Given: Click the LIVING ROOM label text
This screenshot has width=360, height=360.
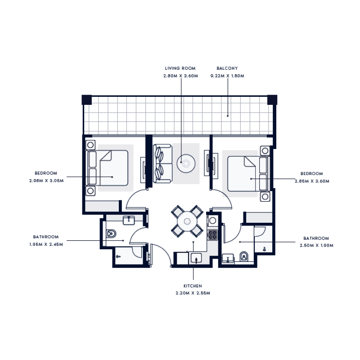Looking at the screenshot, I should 180,68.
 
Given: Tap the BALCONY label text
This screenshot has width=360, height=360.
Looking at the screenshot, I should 227,68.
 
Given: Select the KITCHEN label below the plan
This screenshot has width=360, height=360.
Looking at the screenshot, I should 193,286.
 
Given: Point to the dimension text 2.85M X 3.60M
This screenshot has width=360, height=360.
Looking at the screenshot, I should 312,181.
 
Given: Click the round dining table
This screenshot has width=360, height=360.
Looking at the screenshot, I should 186,221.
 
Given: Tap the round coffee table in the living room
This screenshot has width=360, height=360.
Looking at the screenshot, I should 186,163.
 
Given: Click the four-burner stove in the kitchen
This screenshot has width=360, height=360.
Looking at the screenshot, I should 212,234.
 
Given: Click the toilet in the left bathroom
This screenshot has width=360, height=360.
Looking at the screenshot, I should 111,234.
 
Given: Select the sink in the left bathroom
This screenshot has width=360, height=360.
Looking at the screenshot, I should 129,219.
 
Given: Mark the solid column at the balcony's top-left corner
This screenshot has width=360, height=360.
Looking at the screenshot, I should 86,99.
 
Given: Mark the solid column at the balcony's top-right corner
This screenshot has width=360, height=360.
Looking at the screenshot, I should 272,99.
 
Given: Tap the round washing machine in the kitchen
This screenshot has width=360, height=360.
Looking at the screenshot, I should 211,220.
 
